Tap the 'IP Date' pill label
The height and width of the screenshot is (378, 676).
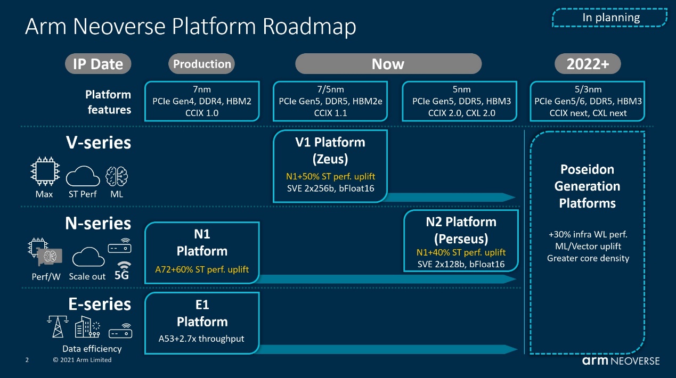click(x=98, y=64)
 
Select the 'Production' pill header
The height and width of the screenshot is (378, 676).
click(x=201, y=64)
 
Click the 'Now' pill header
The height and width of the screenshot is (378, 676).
click(x=388, y=64)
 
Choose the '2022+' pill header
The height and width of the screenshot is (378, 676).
click(x=588, y=64)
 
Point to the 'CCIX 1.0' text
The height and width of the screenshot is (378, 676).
click(x=202, y=113)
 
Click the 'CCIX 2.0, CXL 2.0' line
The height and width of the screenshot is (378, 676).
click(x=461, y=113)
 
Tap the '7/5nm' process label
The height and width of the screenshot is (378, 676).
click(x=330, y=89)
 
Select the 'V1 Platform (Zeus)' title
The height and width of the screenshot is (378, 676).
click(x=330, y=151)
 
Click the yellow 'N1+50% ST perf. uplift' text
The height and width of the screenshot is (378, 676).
click(x=330, y=176)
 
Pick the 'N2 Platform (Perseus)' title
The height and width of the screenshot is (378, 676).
click(x=461, y=230)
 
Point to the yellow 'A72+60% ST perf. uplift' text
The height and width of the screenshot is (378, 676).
click(x=202, y=269)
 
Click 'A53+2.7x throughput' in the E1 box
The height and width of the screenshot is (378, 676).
click(x=201, y=339)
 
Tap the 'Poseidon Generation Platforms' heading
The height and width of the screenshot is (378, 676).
click(x=587, y=186)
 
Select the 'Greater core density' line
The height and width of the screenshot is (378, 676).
click(x=588, y=258)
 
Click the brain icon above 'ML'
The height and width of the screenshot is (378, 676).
click(x=117, y=176)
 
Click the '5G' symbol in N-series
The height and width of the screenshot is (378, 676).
click(x=122, y=271)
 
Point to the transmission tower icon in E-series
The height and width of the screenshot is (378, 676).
click(x=58, y=326)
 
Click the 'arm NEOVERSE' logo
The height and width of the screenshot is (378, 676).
click(x=621, y=361)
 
